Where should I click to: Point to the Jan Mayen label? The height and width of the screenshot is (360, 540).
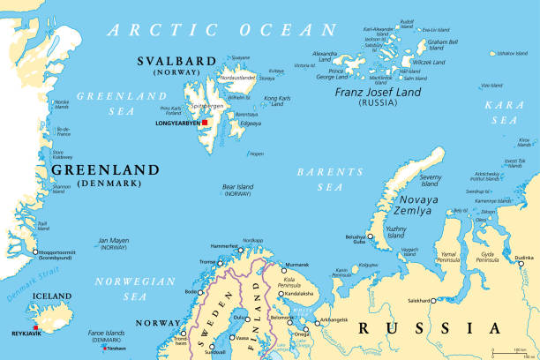[114, 243]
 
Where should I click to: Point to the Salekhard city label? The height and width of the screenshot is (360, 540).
[416, 300]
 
